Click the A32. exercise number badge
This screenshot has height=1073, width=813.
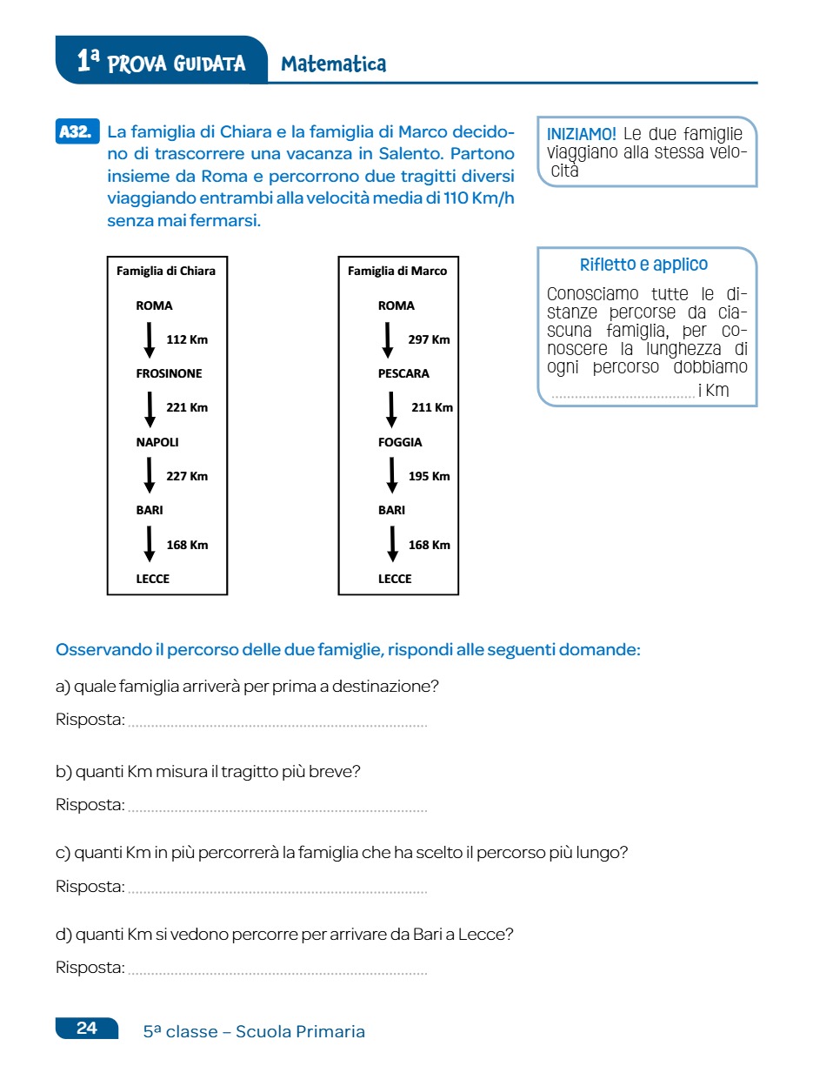77,132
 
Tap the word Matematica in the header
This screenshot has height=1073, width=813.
333,64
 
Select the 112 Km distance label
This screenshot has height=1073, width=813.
187,339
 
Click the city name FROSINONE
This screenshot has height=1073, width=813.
169,373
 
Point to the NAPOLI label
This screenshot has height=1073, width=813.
157,442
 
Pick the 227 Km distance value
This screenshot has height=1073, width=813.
187,476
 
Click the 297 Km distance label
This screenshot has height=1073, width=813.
429,339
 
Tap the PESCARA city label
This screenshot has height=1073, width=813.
403,373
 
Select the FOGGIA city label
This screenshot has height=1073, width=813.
400,442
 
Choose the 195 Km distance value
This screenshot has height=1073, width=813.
429,476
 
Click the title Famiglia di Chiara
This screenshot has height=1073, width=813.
166,271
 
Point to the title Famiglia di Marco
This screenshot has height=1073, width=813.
397,271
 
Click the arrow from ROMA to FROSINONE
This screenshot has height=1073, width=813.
149,339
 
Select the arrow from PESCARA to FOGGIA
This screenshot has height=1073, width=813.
391,408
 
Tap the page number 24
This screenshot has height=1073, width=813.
87,1028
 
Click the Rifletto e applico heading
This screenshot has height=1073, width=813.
643,265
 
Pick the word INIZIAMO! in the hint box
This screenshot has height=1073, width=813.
582,134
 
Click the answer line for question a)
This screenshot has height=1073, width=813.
277,722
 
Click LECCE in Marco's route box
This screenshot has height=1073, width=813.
395,579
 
